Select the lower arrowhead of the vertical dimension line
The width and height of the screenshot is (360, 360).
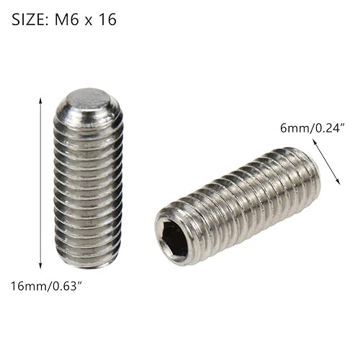click(40, 267)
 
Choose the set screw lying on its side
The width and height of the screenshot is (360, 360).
click(238, 205)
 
